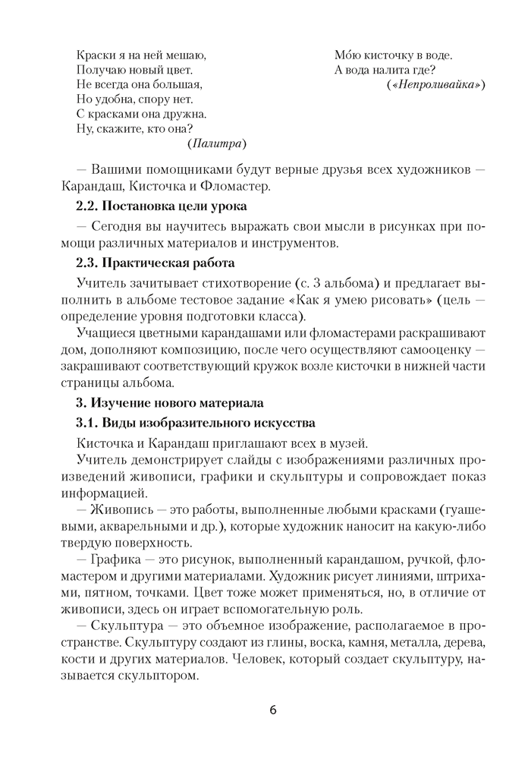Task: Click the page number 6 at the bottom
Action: tap(272, 710)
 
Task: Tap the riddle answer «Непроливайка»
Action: tap(435, 83)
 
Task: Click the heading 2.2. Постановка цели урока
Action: tap(162, 206)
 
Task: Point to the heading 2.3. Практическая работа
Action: tap(156, 263)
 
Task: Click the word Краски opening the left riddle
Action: tap(95, 55)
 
